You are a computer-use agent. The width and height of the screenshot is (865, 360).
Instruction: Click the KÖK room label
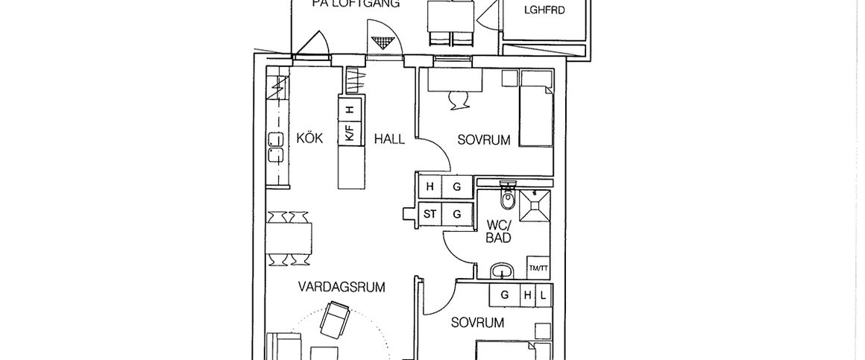309,139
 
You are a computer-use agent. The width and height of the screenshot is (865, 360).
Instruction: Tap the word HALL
389,139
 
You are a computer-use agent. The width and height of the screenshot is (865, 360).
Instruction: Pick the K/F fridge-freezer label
348,134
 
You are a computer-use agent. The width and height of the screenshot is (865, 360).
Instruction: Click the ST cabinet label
430,214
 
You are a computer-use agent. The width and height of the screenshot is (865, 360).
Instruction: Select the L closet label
543,295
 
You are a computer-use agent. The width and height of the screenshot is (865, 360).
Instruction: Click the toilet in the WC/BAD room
509,198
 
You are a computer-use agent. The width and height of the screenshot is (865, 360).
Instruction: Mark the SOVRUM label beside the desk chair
484,139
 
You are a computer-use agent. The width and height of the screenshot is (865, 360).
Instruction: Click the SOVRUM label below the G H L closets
477,323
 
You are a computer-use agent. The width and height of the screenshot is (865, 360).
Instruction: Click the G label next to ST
457,214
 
